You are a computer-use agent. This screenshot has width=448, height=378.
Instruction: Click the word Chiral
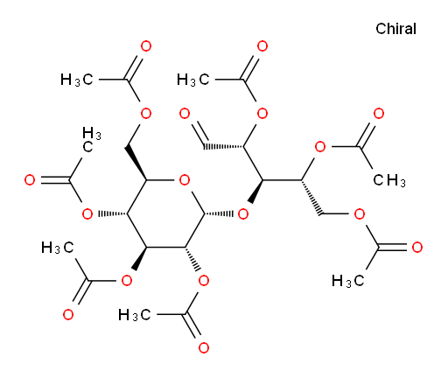click(395, 29)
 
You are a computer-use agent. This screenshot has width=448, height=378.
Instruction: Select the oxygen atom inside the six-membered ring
click(185, 180)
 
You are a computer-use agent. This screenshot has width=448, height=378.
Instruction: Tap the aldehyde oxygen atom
click(185, 114)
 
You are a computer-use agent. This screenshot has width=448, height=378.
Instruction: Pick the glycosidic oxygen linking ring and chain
click(243, 214)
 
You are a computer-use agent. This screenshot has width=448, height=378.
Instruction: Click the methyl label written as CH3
click(389, 180)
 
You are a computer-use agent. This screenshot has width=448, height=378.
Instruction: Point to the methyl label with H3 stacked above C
click(91, 140)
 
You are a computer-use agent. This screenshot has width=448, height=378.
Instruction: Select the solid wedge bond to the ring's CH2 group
click(136, 164)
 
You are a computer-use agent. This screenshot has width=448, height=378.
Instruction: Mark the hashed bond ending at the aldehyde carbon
click(223, 146)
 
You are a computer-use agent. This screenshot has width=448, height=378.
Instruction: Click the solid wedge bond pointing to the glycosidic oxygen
click(255, 192)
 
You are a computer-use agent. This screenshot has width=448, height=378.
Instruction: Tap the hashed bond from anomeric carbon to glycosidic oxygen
click(219, 214)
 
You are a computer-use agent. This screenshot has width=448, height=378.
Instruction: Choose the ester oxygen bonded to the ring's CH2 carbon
click(146, 114)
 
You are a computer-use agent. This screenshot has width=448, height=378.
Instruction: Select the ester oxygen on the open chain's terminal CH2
click(360, 214)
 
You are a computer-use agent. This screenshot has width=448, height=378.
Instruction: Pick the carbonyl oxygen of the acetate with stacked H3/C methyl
click(30, 180)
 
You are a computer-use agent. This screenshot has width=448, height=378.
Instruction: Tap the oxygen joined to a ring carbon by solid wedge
click(127, 281)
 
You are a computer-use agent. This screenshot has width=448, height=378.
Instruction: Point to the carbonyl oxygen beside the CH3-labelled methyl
click(379, 114)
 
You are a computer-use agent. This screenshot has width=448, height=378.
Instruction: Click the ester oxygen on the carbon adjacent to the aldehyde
click(262, 114)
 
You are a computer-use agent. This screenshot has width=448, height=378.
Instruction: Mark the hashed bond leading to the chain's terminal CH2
click(311, 198)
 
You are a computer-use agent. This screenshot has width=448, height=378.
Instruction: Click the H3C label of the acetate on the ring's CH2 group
click(77, 80)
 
